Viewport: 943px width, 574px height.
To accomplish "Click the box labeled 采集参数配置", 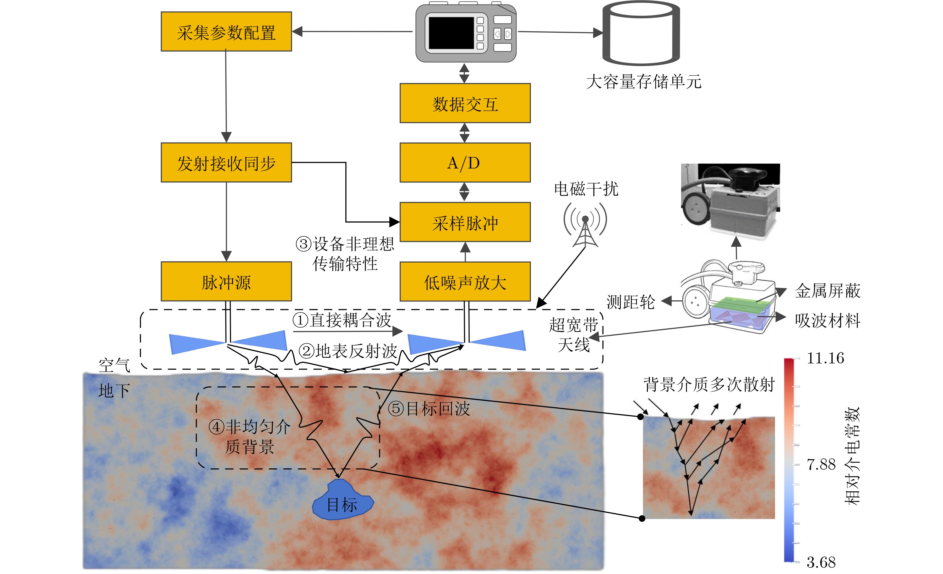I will (x=226, y=32).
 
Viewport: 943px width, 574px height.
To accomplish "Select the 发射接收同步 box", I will (x=226, y=163).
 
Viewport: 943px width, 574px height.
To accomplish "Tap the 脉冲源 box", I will (x=226, y=282).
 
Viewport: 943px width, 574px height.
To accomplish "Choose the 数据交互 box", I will (x=465, y=103).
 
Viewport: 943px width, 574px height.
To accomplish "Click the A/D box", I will (x=465, y=163).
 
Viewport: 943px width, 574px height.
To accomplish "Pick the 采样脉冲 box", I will (x=465, y=222).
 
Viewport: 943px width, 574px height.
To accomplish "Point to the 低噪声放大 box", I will (x=465, y=282).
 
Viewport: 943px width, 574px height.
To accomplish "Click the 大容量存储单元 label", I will (x=643, y=82).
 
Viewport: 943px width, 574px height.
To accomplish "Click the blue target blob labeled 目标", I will (x=342, y=502).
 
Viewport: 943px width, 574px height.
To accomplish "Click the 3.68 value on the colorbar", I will (x=821, y=562).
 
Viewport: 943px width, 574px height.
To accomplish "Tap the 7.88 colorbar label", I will (x=821, y=464).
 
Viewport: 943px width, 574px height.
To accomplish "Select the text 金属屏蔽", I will (x=827, y=291).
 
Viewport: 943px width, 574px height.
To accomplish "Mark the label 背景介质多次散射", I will (x=709, y=384).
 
